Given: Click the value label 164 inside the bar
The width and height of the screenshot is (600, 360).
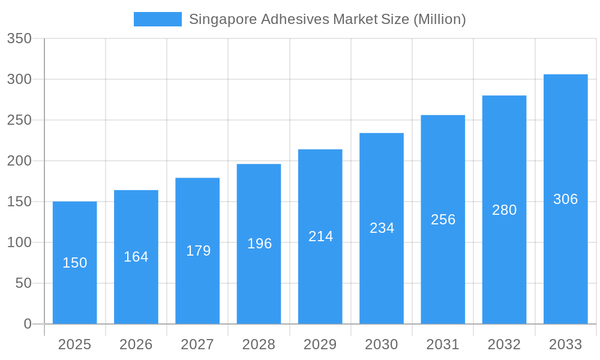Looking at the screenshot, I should click(x=136, y=257).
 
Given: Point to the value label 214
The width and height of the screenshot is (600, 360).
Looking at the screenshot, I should click(x=320, y=236).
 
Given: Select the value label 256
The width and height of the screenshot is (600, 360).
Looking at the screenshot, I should click(x=443, y=220).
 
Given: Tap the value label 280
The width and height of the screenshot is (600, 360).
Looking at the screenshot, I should click(x=504, y=210).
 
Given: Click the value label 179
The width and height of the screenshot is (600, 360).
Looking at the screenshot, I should click(x=198, y=251).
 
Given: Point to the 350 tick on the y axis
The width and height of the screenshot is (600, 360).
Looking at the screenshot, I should click(x=19, y=38).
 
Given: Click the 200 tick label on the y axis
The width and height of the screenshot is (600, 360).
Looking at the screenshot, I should click(x=19, y=161).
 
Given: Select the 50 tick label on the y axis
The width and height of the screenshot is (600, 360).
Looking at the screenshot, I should click(x=23, y=283).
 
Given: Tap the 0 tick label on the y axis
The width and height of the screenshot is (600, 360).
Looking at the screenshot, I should click(x=28, y=324).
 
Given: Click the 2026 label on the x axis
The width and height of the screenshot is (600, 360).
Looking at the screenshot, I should click(x=136, y=344).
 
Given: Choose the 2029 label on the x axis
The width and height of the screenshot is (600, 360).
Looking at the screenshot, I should click(x=320, y=344).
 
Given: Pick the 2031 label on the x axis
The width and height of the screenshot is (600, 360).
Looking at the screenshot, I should click(x=443, y=344).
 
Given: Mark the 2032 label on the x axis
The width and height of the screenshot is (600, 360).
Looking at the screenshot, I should click(x=504, y=344).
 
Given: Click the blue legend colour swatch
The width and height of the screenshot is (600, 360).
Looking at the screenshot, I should click(x=157, y=19).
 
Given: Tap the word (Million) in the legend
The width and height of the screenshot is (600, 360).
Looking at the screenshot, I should click(x=440, y=19).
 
